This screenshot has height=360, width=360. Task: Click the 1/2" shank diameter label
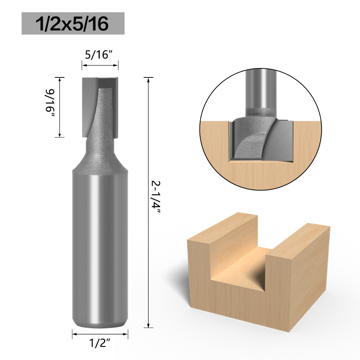click(99, 344)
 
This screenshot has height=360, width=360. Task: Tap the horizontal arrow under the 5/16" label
click(100, 66)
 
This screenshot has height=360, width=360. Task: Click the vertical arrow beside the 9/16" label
click(60, 107)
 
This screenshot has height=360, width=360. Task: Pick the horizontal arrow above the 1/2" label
click(100, 334)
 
